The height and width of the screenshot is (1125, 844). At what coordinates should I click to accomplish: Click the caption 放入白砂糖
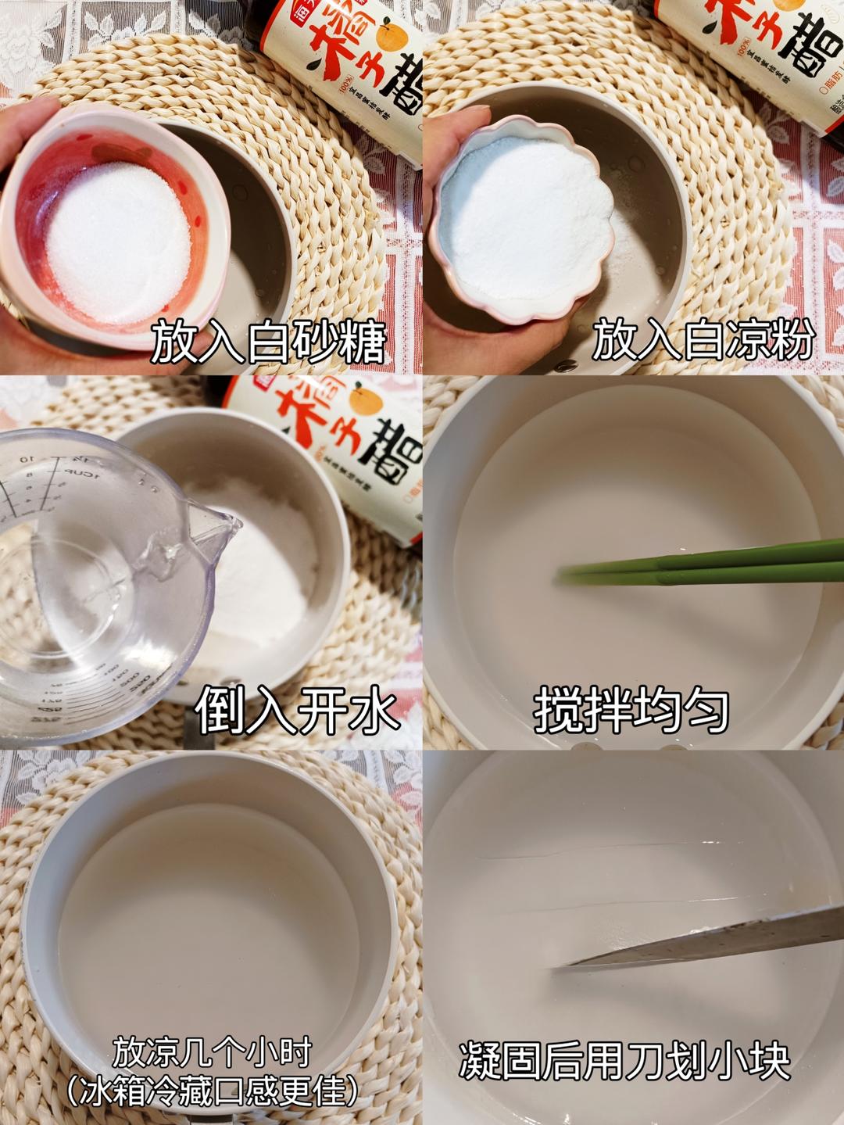[269, 341]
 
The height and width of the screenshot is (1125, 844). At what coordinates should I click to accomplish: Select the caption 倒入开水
[297, 711]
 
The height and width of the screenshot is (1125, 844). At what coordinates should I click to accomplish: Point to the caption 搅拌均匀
[631, 710]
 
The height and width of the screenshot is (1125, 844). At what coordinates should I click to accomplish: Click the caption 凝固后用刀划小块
[624, 1060]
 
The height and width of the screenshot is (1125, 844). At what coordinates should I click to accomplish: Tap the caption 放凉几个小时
[213, 1052]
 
